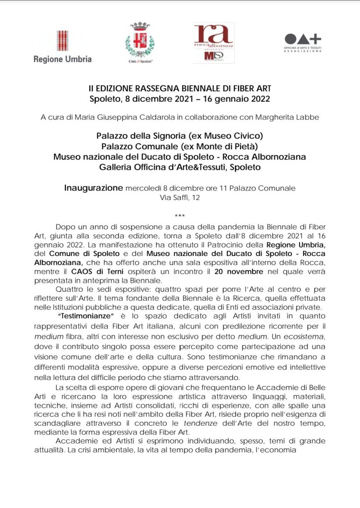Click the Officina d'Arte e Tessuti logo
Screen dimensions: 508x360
302,43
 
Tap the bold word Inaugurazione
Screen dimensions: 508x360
93,188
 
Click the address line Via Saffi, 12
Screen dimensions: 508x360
180,197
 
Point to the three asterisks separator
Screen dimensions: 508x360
180,215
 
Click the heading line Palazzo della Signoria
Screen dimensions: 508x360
180,135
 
